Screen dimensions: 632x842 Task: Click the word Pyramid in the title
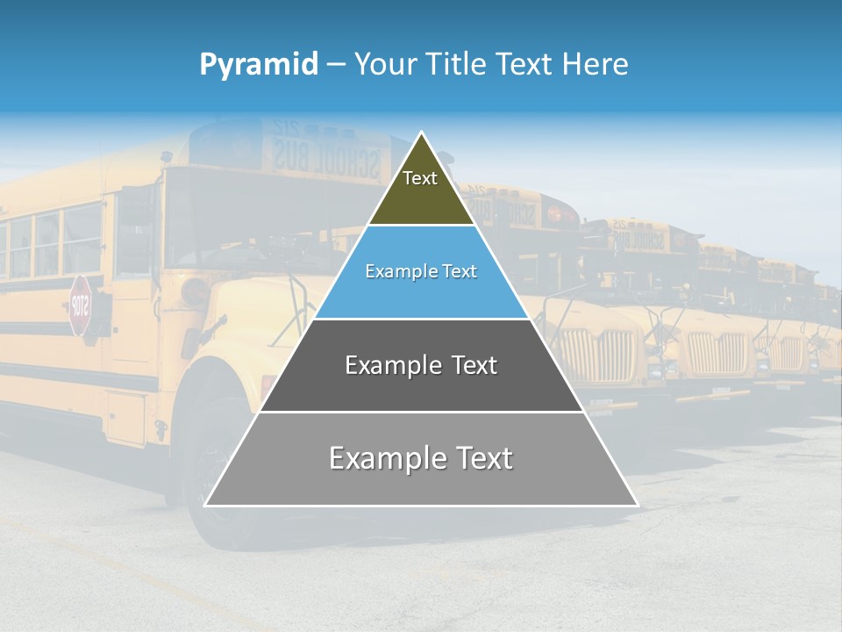(x=259, y=65)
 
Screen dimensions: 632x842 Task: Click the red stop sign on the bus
(x=80, y=305)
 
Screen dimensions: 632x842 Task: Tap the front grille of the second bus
(x=597, y=355)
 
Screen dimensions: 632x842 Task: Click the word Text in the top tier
(x=420, y=178)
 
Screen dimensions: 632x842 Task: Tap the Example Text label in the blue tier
(x=421, y=271)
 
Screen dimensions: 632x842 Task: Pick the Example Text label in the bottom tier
(x=421, y=458)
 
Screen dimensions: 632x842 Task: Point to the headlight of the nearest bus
(x=195, y=291)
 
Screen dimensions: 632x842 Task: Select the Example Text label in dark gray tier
(x=421, y=365)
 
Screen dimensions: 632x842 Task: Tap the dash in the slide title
(x=336, y=65)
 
